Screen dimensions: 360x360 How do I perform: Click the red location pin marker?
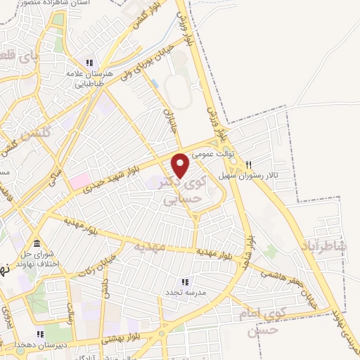181,165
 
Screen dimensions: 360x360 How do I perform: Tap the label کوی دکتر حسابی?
184,190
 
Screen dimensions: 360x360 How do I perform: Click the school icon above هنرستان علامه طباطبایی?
89,61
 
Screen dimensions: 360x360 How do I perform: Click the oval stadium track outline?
179,89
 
